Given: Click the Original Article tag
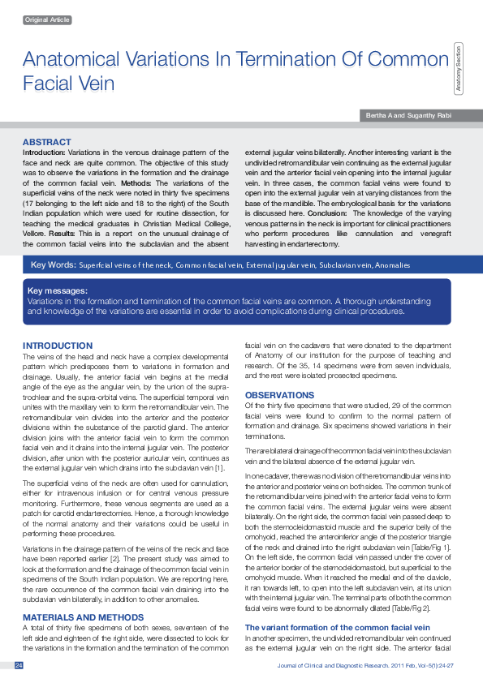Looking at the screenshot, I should click(x=49, y=19).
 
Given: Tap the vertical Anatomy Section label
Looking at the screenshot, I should click(x=459, y=69).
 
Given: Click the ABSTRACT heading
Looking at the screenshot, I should click(x=47, y=142).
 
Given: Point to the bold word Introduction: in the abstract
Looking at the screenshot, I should click(x=44, y=152).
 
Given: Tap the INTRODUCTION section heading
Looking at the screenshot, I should click(x=58, y=346).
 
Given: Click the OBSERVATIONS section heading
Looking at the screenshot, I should click(x=280, y=395).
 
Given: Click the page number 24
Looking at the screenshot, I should click(x=18, y=665).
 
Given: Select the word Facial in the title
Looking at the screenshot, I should click(x=47, y=83).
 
